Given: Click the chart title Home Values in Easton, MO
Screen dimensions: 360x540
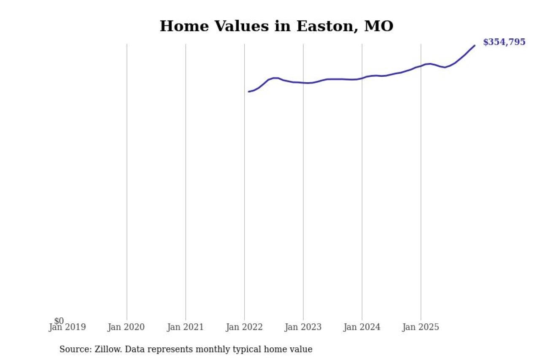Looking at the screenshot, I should pyautogui.click(x=276, y=26).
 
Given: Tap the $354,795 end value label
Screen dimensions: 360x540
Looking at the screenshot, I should pyautogui.click(x=504, y=42).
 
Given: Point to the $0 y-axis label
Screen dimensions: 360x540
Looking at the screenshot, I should pyautogui.click(x=59, y=321).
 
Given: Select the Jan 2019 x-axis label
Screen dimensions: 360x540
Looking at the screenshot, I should pyautogui.click(x=67, y=327).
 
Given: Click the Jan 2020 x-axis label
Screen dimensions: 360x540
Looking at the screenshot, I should pyautogui.click(x=126, y=327).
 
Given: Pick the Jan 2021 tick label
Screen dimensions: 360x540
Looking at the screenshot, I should pyautogui.click(x=185, y=327).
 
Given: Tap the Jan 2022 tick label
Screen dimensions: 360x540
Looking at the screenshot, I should pyautogui.click(x=244, y=327).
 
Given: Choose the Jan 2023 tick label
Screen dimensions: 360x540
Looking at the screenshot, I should pyautogui.click(x=303, y=327).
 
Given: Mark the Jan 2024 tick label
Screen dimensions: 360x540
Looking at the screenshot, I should pyautogui.click(x=362, y=327).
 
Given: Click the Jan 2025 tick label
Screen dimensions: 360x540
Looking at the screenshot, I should pyautogui.click(x=421, y=327).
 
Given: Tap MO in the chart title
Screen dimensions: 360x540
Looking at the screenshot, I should pyautogui.click(x=378, y=26).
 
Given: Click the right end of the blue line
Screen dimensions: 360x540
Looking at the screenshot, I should pyautogui.click(x=475, y=46).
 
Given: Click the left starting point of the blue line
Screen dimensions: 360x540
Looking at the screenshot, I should pyautogui.click(x=249, y=92).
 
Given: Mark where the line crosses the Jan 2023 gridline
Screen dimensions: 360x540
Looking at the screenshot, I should pyautogui.click(x=303, y=83).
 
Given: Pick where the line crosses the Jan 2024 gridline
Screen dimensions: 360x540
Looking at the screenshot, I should pyautogui.click(x=362, y=78).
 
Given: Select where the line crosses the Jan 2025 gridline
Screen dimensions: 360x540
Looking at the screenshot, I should pyautogui.click(x=421, y=66).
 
